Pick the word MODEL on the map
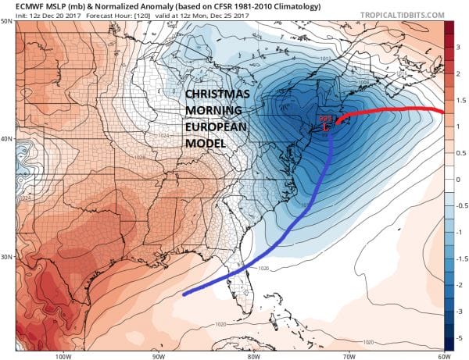tap(204, 146)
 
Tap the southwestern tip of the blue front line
tap(184, 294)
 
